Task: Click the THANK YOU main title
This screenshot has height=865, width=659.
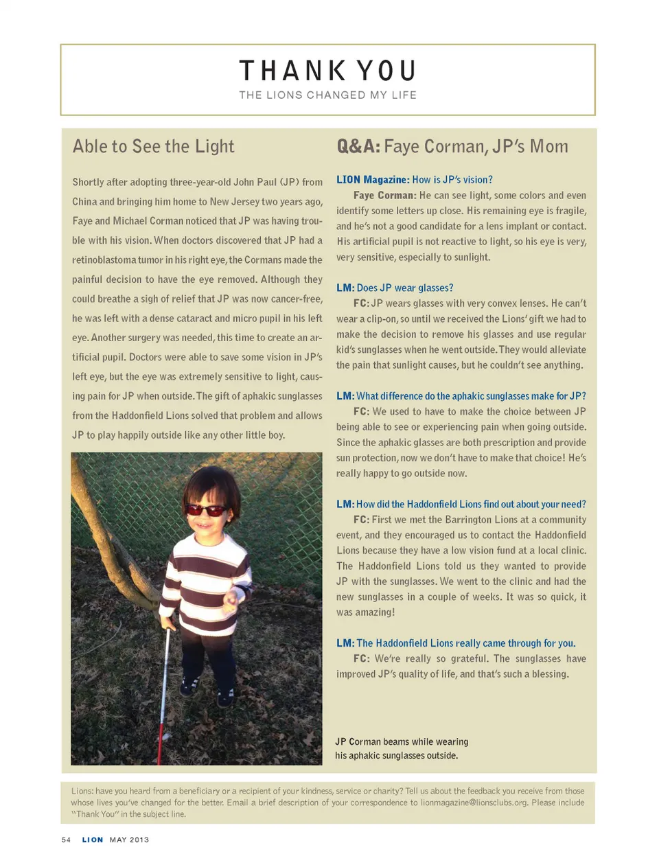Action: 327,71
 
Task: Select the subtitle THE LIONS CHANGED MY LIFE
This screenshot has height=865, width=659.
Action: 327,95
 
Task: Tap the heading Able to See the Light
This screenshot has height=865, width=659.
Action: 153,146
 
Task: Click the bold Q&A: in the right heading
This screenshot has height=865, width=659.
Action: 358,146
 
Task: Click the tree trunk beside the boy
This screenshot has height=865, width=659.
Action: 117,542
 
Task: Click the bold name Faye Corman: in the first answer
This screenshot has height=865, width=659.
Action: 384,196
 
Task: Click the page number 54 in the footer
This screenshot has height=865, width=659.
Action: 66,840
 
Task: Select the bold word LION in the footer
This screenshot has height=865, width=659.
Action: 93,840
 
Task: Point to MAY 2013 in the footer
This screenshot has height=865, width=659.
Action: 129,840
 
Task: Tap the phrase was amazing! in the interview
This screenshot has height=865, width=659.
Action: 365,612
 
